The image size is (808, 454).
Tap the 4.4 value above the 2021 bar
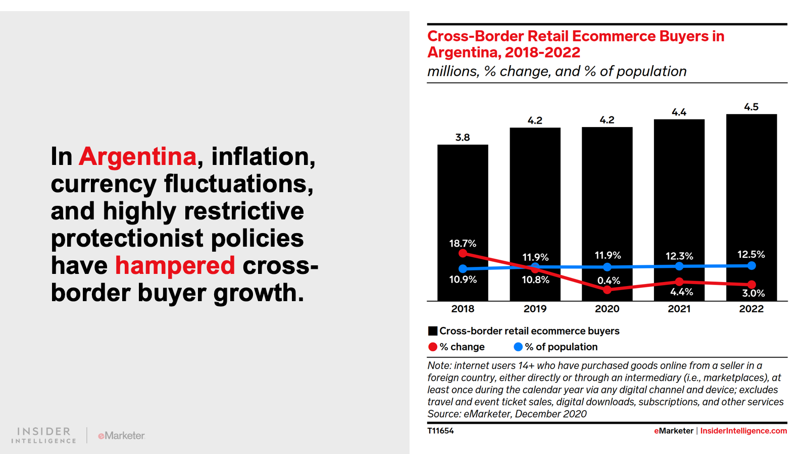679,112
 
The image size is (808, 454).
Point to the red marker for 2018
463,253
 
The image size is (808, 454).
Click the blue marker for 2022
751,265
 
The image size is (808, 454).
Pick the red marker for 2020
607,290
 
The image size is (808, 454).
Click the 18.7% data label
463,243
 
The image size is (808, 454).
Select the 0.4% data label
609,280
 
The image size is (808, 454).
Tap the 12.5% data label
751,254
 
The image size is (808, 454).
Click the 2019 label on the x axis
535,309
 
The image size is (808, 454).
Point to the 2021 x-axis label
679,309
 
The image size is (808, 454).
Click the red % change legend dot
433,347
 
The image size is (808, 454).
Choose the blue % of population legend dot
518,347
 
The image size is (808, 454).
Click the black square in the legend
433,331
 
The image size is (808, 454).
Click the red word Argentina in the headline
137,156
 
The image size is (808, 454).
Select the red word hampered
175,265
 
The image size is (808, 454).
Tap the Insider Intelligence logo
44,435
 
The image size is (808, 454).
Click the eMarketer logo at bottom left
121,435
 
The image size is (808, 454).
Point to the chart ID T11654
440,431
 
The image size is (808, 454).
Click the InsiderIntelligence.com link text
743,431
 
